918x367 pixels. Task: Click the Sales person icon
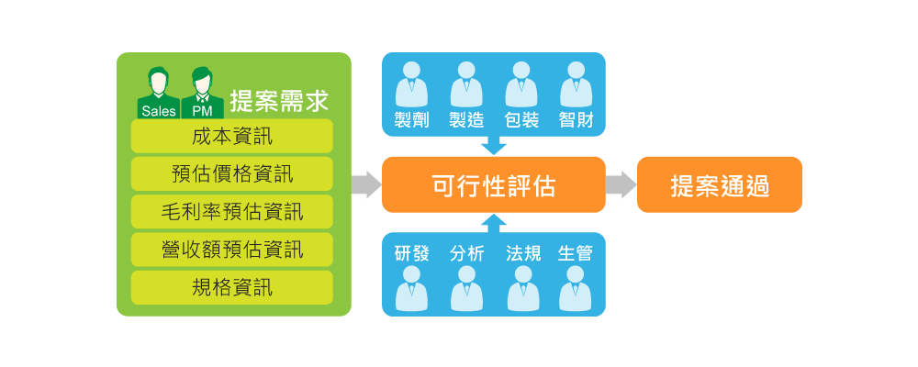(159, 92)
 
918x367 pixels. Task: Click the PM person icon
(202, 92)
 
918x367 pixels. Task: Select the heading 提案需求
(279, 99)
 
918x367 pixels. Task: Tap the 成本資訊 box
(232, 137)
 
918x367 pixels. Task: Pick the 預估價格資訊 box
(232, 174)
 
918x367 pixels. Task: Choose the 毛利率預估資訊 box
(232, 212)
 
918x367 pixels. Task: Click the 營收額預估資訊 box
(232, 250)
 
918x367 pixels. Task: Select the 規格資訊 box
(232, 287)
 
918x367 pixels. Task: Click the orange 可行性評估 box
(494, 184)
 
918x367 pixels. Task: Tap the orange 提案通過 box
(720, 184)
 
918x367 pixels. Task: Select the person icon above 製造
(466, 84)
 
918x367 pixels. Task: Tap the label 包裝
(521, 120)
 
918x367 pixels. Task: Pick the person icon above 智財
(576, 84)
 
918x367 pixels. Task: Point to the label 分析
(466, 253)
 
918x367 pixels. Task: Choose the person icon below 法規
(521, 288)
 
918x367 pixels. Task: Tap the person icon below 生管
(576, 288)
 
